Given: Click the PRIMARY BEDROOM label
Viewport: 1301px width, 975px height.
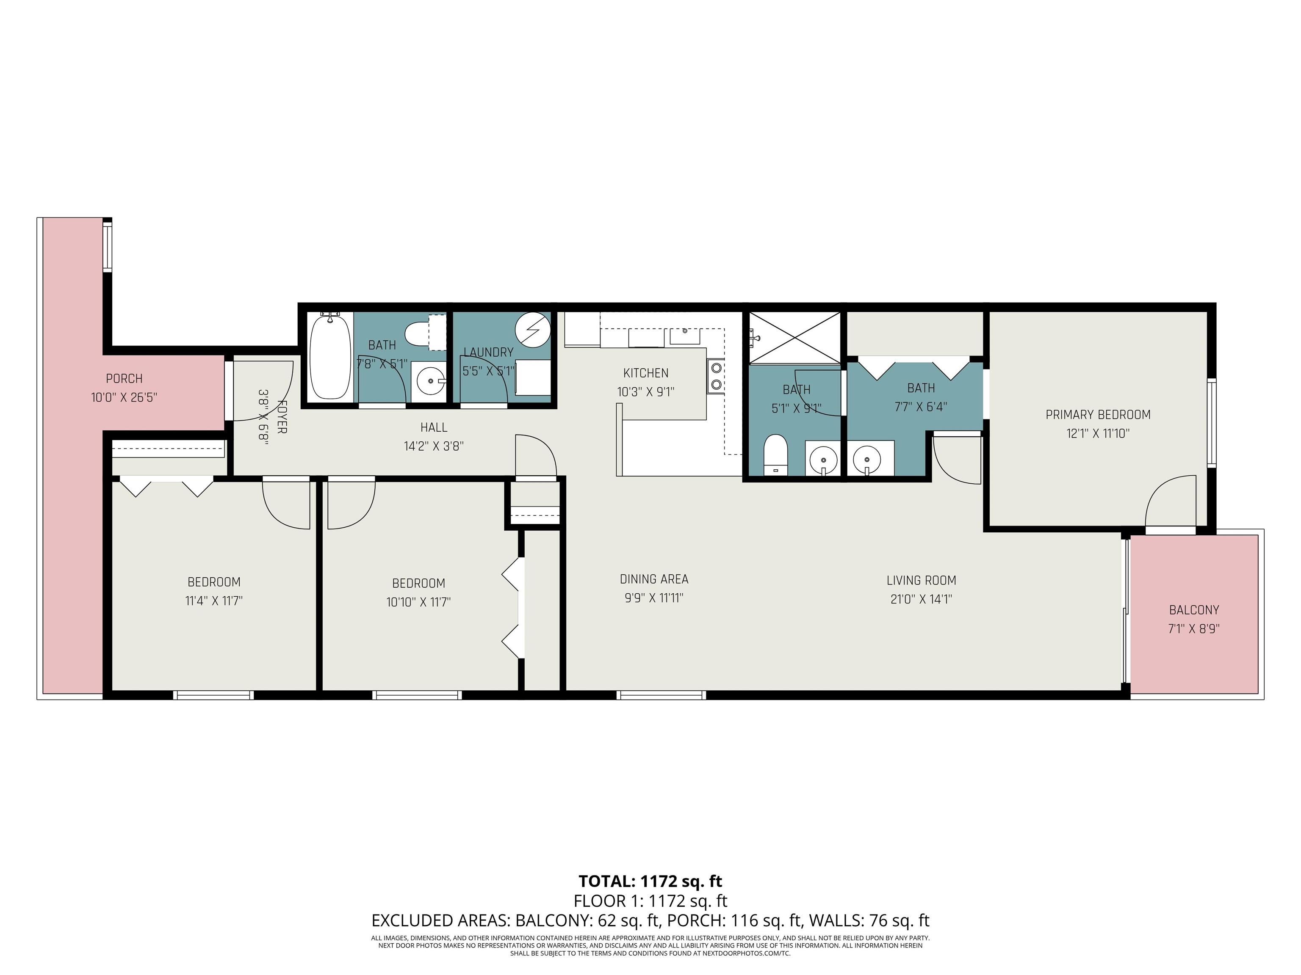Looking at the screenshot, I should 1097,415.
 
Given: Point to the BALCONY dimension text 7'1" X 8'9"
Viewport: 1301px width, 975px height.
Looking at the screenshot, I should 1193,629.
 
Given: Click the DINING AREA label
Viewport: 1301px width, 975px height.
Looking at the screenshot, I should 653,579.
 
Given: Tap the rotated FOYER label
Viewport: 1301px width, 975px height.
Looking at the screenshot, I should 282,417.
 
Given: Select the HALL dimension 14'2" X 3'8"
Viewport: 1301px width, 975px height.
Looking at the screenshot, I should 434,446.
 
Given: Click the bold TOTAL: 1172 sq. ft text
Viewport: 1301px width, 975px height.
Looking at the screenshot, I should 650,881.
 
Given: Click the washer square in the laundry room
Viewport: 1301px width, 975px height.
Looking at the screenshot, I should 532,377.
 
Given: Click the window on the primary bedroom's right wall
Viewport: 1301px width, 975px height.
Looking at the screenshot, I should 1212,423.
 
